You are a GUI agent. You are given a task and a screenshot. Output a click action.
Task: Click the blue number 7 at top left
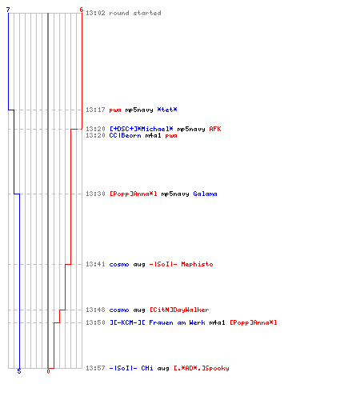(x=8, y=10)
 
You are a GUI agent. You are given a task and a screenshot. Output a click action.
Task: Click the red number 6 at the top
(x=82, y=10)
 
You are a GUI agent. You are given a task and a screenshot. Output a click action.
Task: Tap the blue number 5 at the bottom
(x=19, y=371)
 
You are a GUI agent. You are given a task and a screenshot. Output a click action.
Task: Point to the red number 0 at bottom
(x=48, y=371)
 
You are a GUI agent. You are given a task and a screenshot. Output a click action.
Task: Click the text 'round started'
(x=135, y=13)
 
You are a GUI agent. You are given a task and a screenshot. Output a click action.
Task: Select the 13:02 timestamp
(x=95, y=13)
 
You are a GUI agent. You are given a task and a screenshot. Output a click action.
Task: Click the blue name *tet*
(x=167, y=110)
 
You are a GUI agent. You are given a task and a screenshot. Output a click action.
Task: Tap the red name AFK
(x=215, y=129)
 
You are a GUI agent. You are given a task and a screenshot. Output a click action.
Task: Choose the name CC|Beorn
(x=126, y=135)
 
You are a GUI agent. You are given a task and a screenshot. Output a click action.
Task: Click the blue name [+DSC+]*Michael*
(x=142, y=129)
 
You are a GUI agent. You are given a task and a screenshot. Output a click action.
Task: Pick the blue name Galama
(x=205, y=194)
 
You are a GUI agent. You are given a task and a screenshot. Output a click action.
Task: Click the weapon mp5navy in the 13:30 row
(x=175, y=194)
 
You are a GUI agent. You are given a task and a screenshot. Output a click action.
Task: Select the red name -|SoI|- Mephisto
(x=181, y=264)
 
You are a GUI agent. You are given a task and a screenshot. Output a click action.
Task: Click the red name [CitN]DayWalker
(x=179, y=310)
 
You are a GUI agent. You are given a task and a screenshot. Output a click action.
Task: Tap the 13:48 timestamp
(x=95, y=310)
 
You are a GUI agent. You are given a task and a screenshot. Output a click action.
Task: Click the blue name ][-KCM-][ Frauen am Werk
(x=158, y=322)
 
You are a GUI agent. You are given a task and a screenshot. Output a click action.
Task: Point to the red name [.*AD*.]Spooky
(x=202, y=368)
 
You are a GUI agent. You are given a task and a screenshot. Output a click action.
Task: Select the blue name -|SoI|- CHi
(x=131, y=368)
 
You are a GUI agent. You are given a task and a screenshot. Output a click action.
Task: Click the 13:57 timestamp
(x=95, y=368)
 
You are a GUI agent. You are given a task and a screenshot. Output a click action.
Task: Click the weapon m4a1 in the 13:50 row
(x=217, y=322)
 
